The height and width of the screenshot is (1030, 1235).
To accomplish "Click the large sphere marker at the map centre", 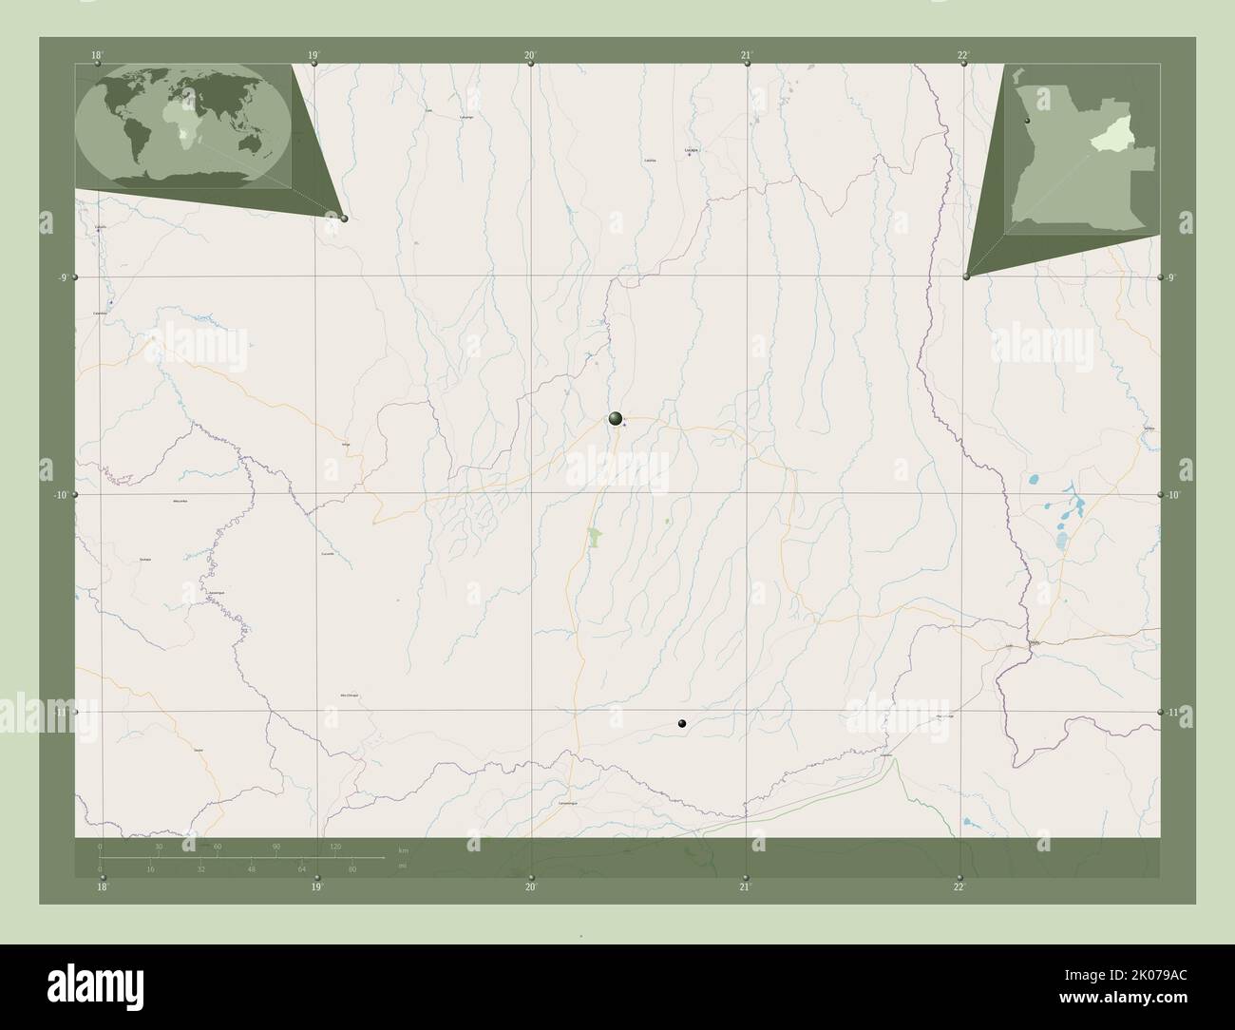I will click(616, 418).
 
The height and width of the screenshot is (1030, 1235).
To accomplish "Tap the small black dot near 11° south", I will click(681, 724).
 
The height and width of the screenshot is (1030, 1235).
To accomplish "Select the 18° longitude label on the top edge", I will click(97, 55).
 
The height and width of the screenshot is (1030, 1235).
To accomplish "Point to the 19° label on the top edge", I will click(313, 55).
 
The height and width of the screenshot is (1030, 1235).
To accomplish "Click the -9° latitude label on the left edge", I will click(60, 277).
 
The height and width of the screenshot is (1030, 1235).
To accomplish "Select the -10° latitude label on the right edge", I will click(1173, 495).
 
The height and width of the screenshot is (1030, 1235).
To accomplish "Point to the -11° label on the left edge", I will click(58, 711).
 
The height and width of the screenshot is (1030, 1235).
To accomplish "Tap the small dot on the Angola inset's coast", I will click(1027, 123).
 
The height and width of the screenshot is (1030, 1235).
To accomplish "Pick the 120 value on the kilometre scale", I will click(334, 846).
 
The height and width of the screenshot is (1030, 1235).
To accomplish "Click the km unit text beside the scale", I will click(404, 849).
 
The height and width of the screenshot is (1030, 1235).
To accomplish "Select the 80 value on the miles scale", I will click(352, 869).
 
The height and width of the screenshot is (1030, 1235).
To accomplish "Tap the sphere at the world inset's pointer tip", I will click(344, 219).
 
